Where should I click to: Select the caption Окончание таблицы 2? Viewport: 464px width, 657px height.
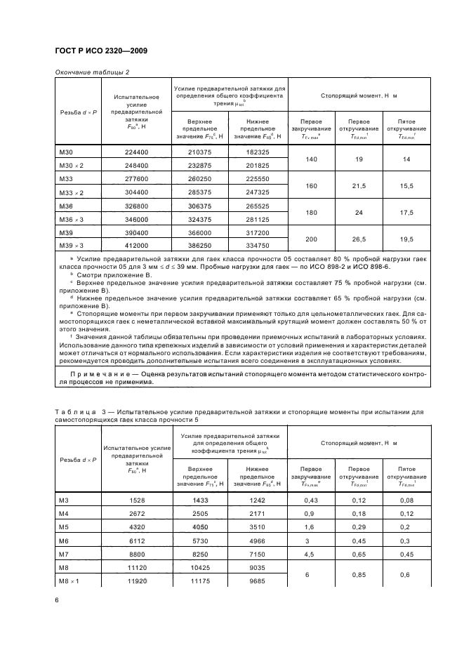point(92,72)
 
